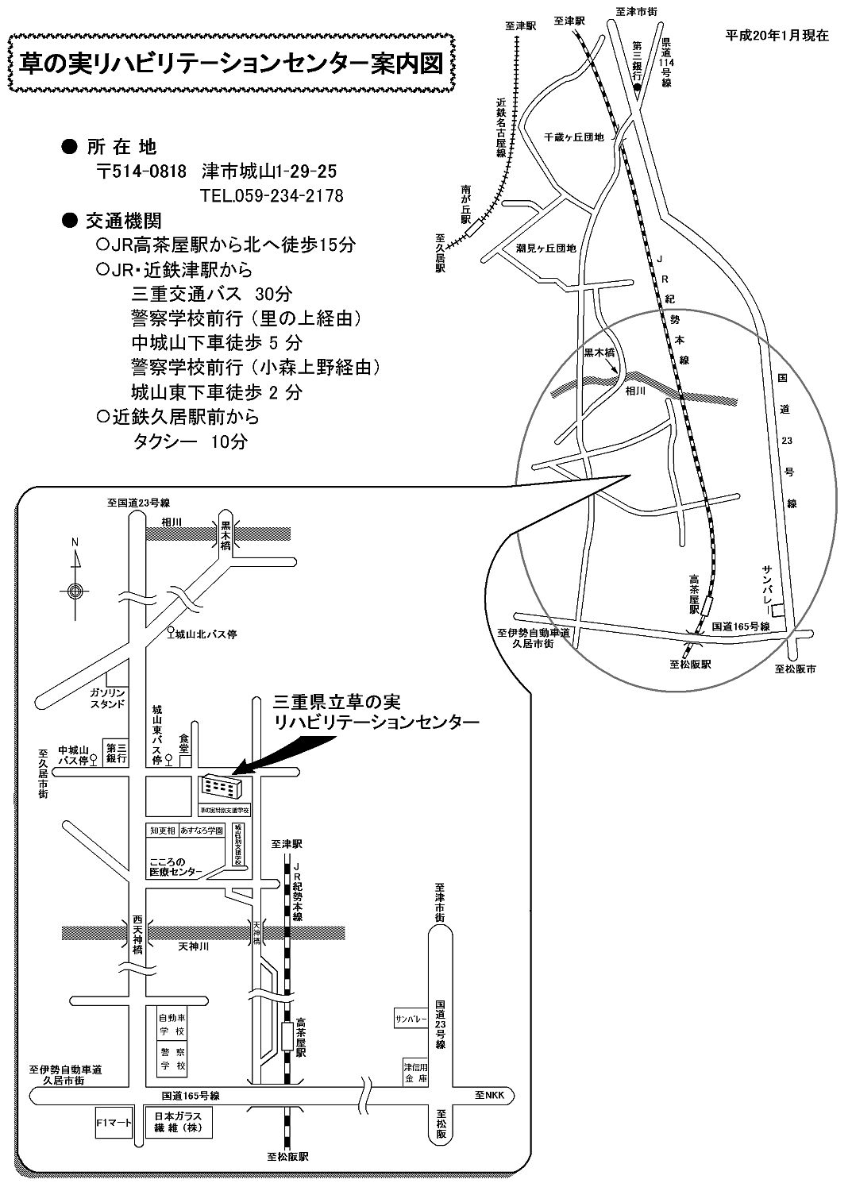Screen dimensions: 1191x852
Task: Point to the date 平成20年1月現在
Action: coord(777,36)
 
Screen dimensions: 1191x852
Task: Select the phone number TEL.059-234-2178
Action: coord(272,195)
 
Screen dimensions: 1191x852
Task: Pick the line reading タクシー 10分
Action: coord(190,441)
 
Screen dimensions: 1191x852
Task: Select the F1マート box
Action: coord(112,1123)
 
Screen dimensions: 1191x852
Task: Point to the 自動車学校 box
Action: coord(172,1024)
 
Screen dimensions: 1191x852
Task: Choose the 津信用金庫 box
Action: coord(416,1073)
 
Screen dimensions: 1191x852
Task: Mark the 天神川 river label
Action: coord(193,947)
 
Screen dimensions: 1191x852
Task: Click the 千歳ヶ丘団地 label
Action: coord(573,137)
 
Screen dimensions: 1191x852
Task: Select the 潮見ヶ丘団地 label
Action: coord(546,248)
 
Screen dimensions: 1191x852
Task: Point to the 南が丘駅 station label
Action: coord(466,203)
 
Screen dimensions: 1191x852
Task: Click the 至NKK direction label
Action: coord(490,1094)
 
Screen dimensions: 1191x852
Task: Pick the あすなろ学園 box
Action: coord(202,830)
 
